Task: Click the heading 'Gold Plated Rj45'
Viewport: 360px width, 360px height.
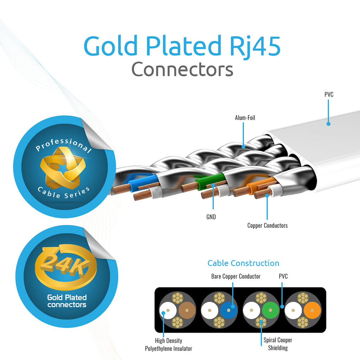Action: click(x=182, y=46)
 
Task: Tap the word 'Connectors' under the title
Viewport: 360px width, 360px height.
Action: click(x=182, y=69)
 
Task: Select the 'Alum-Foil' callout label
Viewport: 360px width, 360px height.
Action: click(x=245, y=118)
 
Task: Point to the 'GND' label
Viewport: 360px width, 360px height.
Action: click(x=211, y=217)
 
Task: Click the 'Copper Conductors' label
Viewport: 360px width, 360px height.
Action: click(x=268, y=225)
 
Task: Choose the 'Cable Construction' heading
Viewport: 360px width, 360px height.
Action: click(x=243, y=263)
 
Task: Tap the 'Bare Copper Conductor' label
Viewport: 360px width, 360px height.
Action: click(x=236, y=276)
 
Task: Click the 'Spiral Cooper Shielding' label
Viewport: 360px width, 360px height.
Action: click(x=278, y=344)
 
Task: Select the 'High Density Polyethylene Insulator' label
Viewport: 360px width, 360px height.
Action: click(x=168, y=345)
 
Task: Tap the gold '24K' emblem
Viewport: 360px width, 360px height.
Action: click(x=66, y=266)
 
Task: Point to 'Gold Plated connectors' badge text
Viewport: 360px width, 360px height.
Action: click(x=67, y=301)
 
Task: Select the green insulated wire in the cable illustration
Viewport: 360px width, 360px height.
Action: click(x=211, y=181)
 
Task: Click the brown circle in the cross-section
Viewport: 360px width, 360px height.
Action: click(x=187, y=310)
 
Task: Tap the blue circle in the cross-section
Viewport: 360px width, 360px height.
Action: click(x=229, y=310)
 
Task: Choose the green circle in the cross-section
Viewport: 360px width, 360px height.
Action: click(x=270, y=310)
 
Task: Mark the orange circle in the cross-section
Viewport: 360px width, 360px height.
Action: click(x=312, y=310)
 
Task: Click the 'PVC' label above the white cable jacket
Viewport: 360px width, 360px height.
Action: click(x=329, y=94)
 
